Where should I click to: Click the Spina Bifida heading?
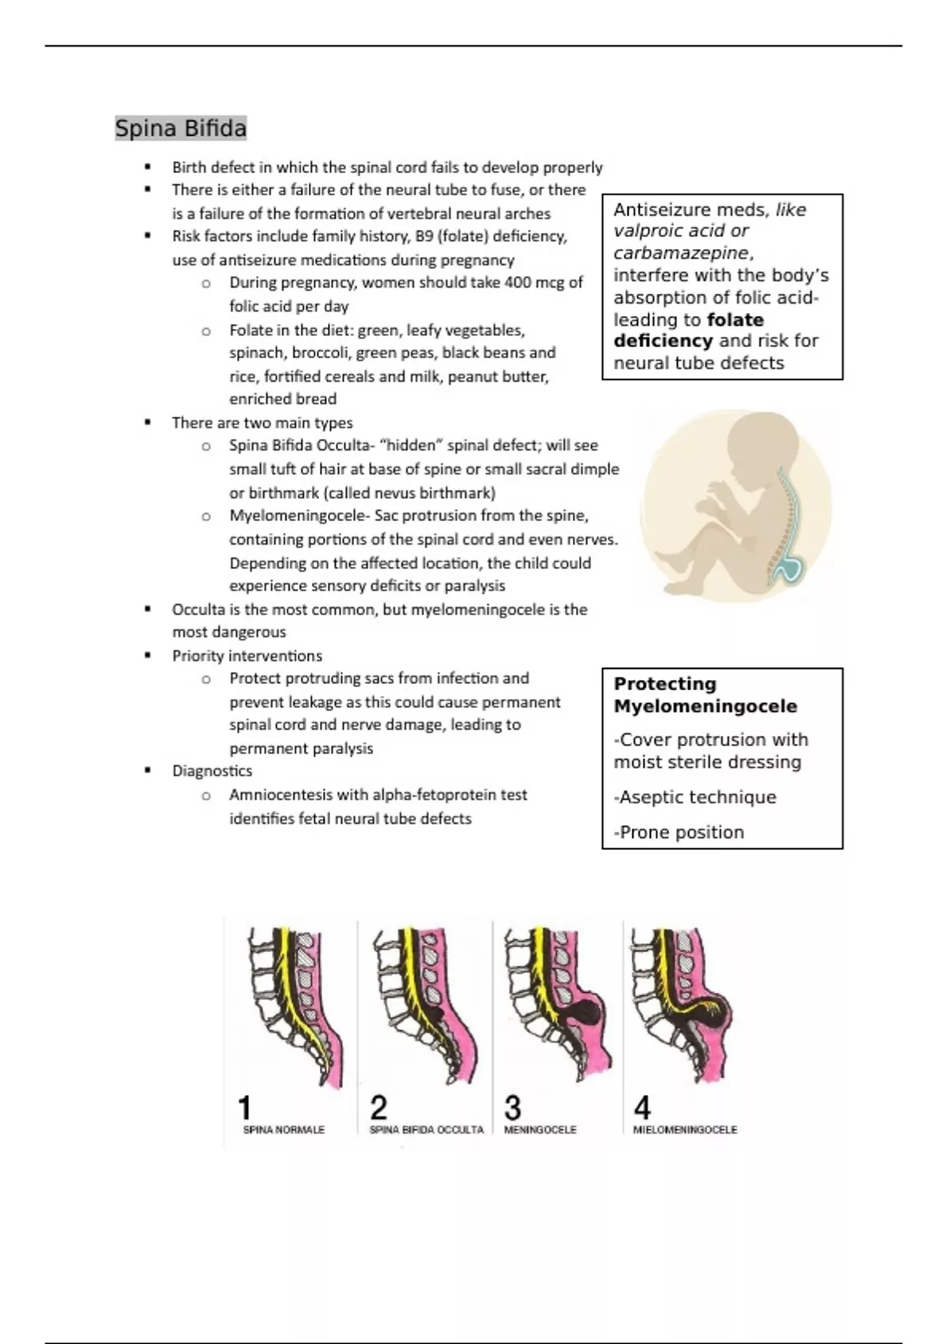point(181,128)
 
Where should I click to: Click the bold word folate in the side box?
point(735,320)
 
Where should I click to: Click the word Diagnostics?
point(212,771)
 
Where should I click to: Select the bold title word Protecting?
point(664,684)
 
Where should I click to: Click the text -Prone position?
point(679,832)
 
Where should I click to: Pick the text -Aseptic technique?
point(694,797)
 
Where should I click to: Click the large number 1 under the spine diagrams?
point(245,1107)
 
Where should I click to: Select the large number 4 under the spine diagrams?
point(642,1107)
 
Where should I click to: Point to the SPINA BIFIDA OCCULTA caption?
point(426,1130)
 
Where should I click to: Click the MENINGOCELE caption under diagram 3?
point(540,1130)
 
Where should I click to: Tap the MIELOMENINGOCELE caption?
point(684,1130)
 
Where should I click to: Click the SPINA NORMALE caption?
point(284,1130)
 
